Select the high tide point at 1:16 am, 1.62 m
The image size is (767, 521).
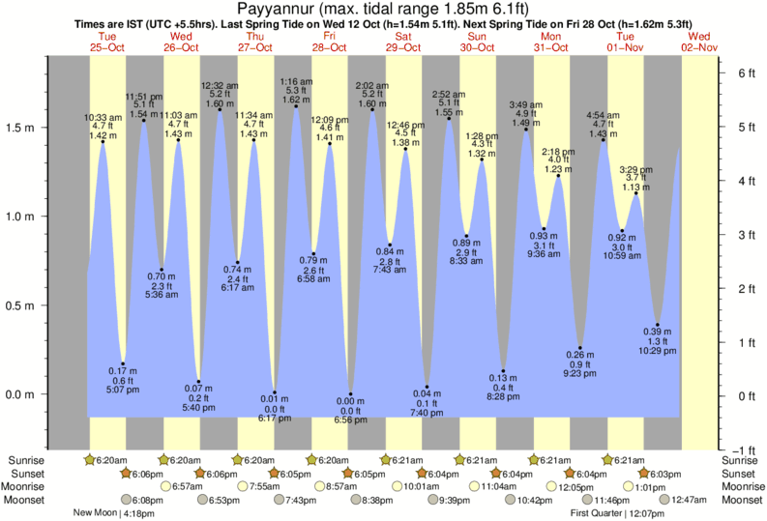click(x=296, y=106)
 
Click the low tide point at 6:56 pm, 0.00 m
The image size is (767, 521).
click(x=350, y=394)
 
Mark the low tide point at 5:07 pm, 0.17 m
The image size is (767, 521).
click(x=123, y=364)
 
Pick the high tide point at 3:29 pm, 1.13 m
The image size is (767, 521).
click(x=636, y=193)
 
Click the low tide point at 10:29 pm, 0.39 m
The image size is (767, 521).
click(x=658, y=325)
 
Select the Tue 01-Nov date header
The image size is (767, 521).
click(x=626, y=42)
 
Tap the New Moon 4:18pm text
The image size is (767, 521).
click(x=113, y=513)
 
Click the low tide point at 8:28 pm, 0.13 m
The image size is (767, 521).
click(x=504, y=371)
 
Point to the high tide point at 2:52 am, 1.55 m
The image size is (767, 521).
click(x=449, y=119)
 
